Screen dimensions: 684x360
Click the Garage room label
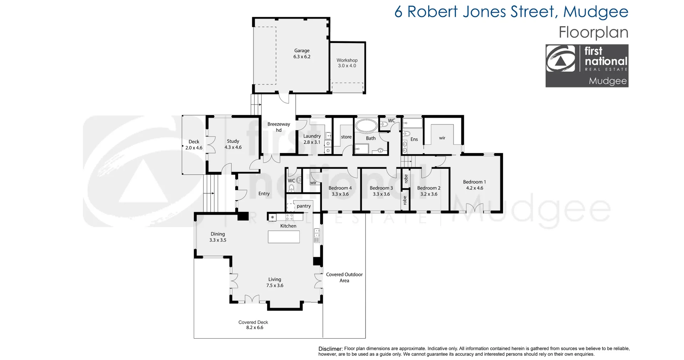pyautogui.click(x=302, y=51)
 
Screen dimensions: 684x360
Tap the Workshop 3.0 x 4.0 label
pyautogui.click(x=347, y=63)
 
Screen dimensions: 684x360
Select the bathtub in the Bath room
pyautogui.click(x=367, y=126)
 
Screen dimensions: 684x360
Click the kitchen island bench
pyautogui.click(x=284, y=237)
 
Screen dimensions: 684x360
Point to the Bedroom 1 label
pyautogui.click(x=475, y=182)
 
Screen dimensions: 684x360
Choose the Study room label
pyautogui.click(x=233, y=141)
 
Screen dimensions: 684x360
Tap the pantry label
pyautogui.click(x=304, y=206)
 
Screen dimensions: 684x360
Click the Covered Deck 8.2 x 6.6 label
pyautogui.click(x=254, y=325)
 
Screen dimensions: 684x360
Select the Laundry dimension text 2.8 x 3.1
pyautogui.click(x=312, y=142)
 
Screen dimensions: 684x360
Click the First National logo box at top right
pyautogui.click(x=587, y=66)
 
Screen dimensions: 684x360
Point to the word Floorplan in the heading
pyautogui.click(x=593, y=32)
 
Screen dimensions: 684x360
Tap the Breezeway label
pyautogui.click(x=279, y=124)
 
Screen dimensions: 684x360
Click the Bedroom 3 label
pyautogui.click(x=381, y=188)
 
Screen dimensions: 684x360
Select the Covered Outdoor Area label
pyautogui.click(x=344, y=277)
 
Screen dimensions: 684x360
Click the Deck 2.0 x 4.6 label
pyautogui.click(x=194, y=145)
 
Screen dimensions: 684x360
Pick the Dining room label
pyautogui.click(x=218, y=234)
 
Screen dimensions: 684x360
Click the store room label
pyautogui.click(x=346, y=137)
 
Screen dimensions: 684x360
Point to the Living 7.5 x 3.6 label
pyautogui.click(x=275, y=282)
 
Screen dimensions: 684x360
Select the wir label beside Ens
pyautogui.click(x=442, y=138)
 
